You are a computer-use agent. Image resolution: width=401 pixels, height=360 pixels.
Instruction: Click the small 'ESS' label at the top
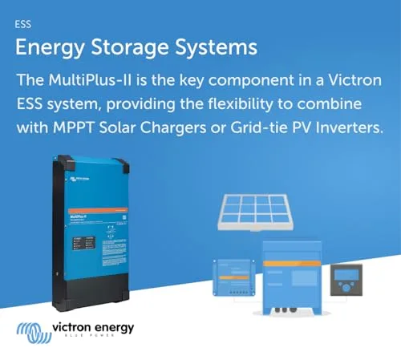[x=23, y=24]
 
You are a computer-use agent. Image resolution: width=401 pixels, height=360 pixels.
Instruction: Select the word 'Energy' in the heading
[x=47, y=47]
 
